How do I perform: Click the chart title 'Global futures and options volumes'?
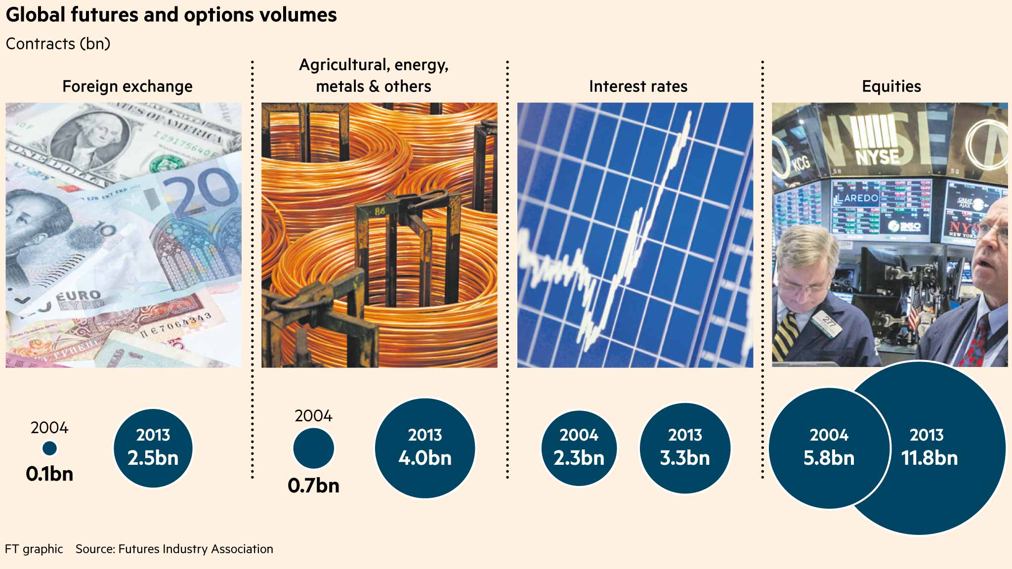tap(171, 15)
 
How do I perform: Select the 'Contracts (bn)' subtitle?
tap(58, 44)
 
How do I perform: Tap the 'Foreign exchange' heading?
tap(127, 86)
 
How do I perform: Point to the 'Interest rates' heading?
tap(638, 86)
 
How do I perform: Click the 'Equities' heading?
tap(891, 86)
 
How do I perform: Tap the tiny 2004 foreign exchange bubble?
tap(49, 448)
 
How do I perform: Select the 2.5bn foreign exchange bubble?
tap(153, 448)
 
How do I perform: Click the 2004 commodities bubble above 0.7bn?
tap(313, 448)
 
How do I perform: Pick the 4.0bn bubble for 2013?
tap(425, 448)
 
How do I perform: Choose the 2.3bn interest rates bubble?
tap(579, 448)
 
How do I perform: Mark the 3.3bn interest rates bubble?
tap(685, 448)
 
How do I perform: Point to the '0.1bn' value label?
tap(49, 474)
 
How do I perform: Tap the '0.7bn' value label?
tap(313, 486)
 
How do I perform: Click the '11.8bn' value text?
tap(929, 458)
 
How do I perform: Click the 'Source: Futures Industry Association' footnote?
tap(174, 549)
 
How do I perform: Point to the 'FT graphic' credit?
tap(34, 549)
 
